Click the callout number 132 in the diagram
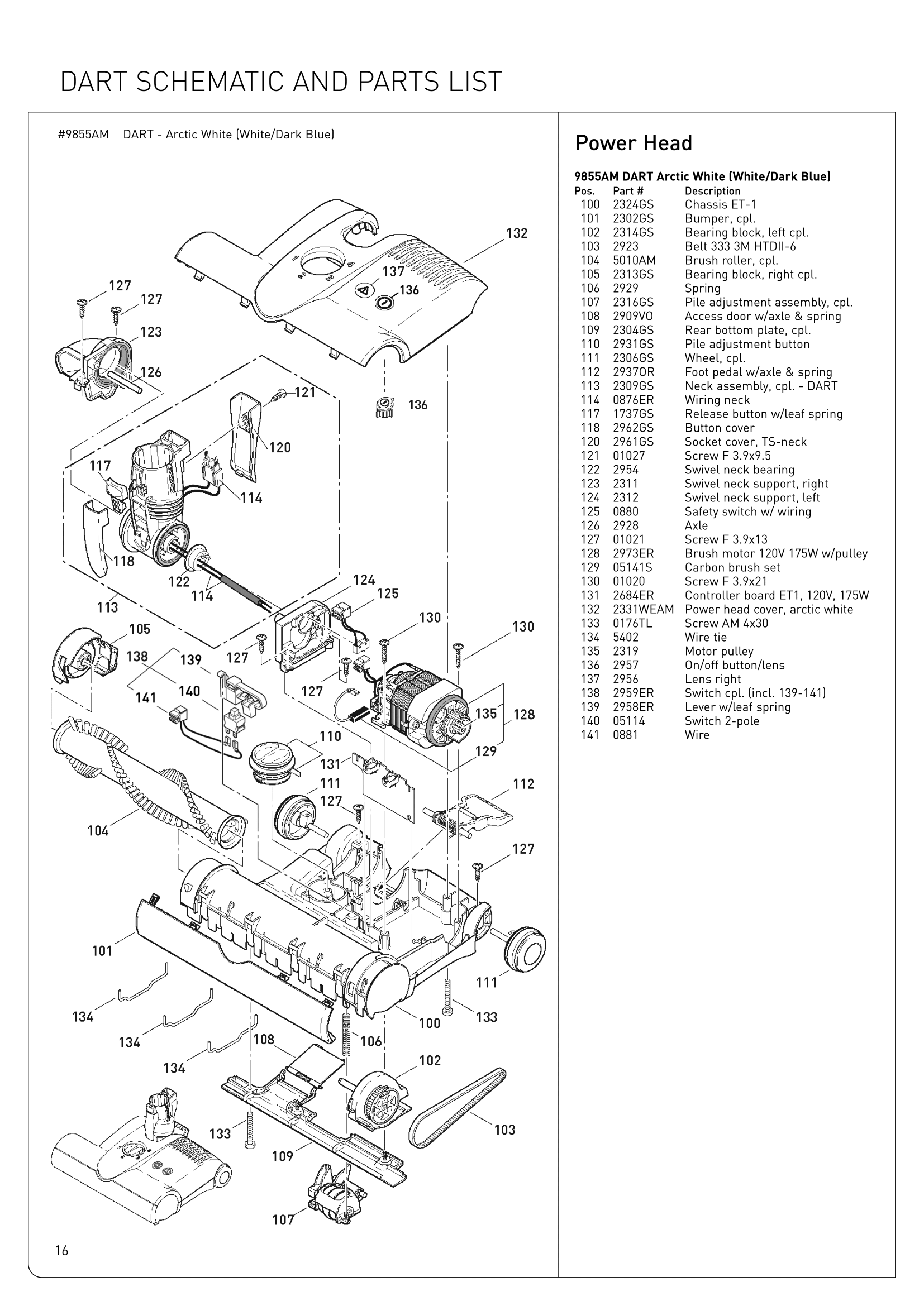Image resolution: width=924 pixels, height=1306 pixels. (517, 234)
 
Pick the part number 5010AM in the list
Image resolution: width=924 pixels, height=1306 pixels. (634, 261)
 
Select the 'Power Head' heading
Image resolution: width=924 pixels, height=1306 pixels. (634, 143)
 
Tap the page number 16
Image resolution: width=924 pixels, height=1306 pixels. (61, 1250)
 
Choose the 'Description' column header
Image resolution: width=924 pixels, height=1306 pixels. (712, 191)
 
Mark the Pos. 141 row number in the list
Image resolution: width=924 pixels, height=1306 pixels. (590, 735)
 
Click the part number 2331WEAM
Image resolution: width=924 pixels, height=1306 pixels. (643, 609)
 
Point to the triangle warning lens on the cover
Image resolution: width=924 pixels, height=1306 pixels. (363, 291)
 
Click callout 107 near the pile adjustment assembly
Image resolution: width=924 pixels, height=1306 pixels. (283, 1219)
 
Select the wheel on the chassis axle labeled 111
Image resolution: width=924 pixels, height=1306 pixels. (527, 948)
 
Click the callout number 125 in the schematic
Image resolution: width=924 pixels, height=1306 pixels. (388, 594)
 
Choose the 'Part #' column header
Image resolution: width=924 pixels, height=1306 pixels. (627, 191)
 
